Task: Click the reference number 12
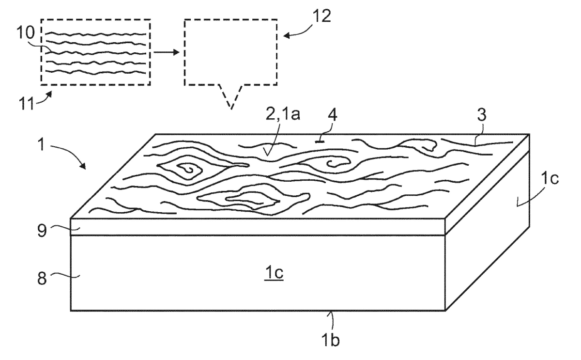321,16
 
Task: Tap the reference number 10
26,32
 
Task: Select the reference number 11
27,104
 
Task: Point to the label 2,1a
283,114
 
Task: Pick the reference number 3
482,114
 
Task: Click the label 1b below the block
330,340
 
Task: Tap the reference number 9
42,231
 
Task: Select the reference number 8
42,279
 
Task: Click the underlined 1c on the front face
274,273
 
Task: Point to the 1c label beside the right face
550,179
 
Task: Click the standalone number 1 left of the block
41,144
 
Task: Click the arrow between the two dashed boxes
166,52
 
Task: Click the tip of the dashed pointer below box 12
231,109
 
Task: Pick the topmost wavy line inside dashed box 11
96,34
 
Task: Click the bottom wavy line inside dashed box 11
96,72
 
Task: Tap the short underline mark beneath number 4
320,141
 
